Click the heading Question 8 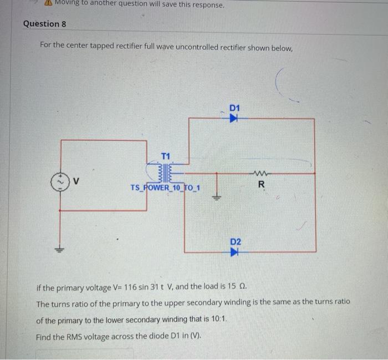point(44,24)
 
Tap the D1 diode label point(235,107)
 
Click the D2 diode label point(235,242)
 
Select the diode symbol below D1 point(234,118)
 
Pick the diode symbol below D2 point(234,252)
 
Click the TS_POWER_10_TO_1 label point(165,187)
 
